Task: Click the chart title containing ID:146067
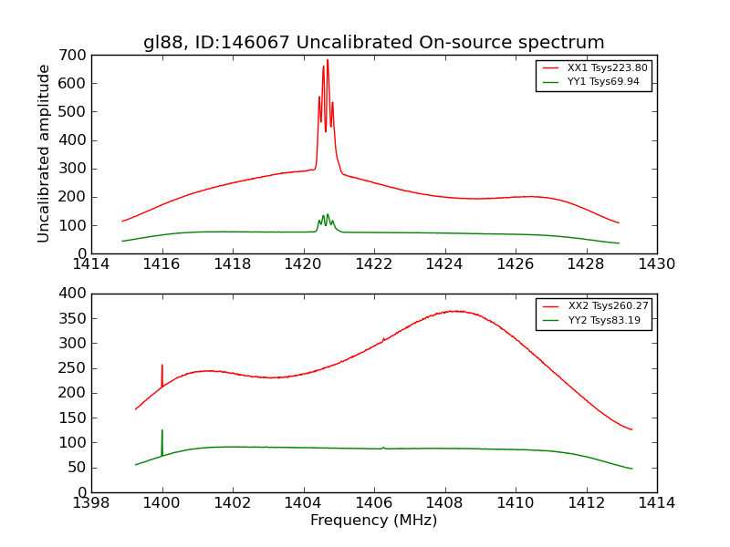point(374,43)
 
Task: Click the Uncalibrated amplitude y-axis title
point(44,154)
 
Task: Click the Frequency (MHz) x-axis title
point(374,521)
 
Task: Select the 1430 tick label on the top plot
point(657,264)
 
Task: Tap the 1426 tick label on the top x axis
point(516,264)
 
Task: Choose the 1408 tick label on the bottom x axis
point(444,503)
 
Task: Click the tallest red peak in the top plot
point(328,61)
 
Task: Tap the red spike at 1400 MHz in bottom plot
point(162,366)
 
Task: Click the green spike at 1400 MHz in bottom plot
point(162,431)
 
